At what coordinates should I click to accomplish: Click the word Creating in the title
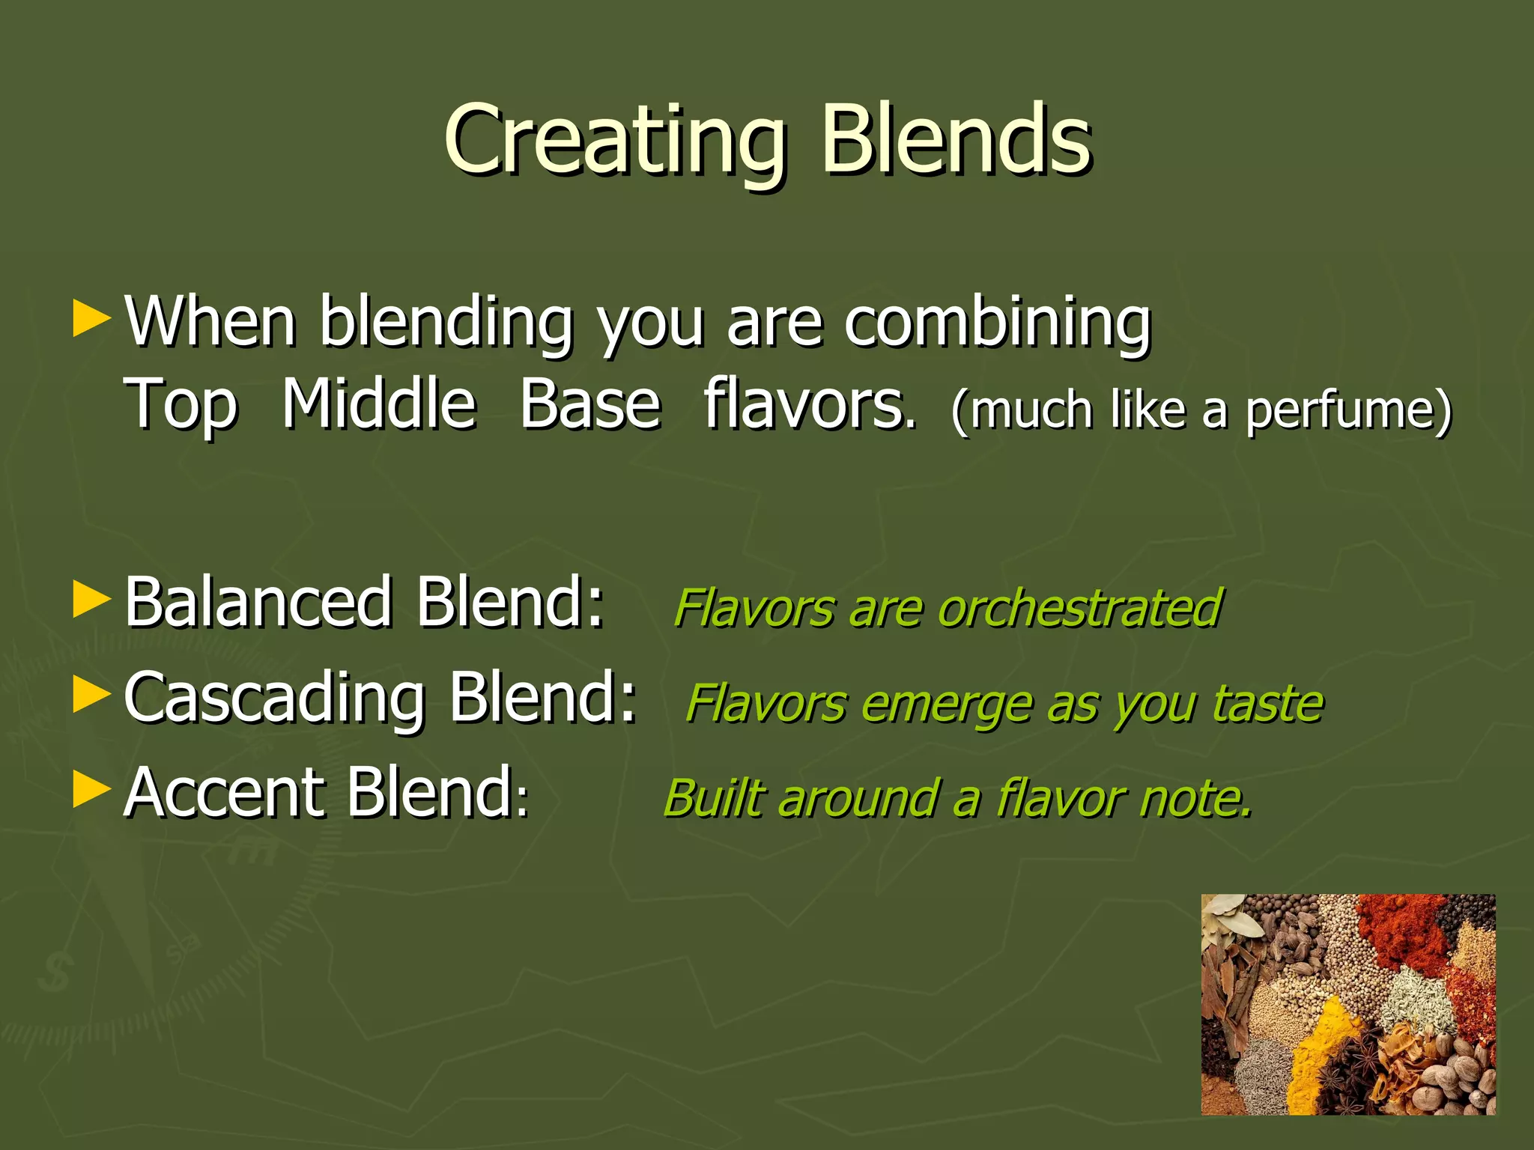coord(614,141)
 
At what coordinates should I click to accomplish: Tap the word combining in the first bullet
coord(998,323)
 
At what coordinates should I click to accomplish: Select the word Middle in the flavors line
coord(379,404)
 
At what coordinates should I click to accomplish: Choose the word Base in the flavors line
coord(590,404)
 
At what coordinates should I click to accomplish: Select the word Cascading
coord(275,698)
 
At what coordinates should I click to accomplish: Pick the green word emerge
coord(947,704)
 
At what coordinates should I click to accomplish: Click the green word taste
coord(1268,704)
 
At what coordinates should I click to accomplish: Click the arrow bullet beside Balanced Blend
coord(91,601)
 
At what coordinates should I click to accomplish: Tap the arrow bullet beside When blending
coord(91,320)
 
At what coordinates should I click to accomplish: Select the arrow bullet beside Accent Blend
coord(91,791)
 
